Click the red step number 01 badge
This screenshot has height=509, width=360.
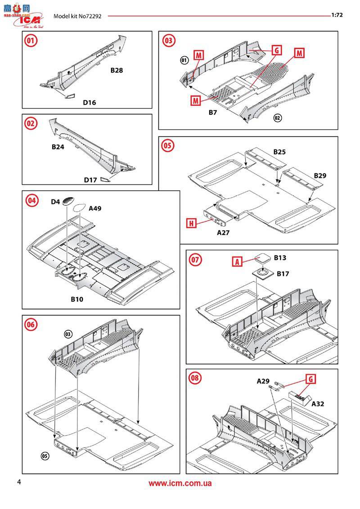[31, 41]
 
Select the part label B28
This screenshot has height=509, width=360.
[117, 71]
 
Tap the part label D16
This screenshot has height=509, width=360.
[89, 103]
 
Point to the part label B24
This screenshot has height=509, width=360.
[58, 147]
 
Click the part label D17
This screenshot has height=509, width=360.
[90, 180]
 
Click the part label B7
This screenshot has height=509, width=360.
[213, 113]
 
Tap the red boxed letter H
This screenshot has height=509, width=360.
[191, 222]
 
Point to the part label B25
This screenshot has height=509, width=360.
[279, 152]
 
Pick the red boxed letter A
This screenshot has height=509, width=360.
[238, 261]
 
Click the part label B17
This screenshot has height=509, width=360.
[283, 274]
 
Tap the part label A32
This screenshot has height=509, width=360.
[318, 404]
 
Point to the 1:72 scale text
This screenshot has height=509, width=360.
[337, 15]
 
